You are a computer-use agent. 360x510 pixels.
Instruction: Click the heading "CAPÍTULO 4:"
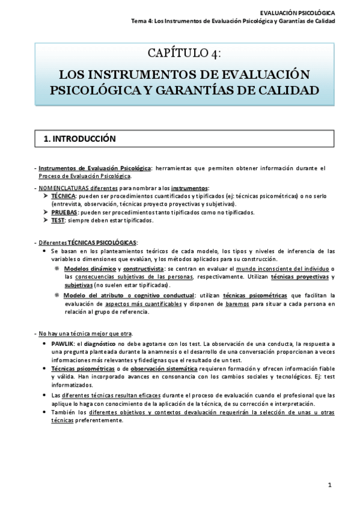tap(184, 54)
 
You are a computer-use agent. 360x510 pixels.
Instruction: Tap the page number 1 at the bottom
tap(330, 485)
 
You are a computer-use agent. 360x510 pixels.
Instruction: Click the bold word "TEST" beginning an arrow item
tap(58, 220)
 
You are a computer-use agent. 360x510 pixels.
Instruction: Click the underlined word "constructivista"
tap(144, 268)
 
